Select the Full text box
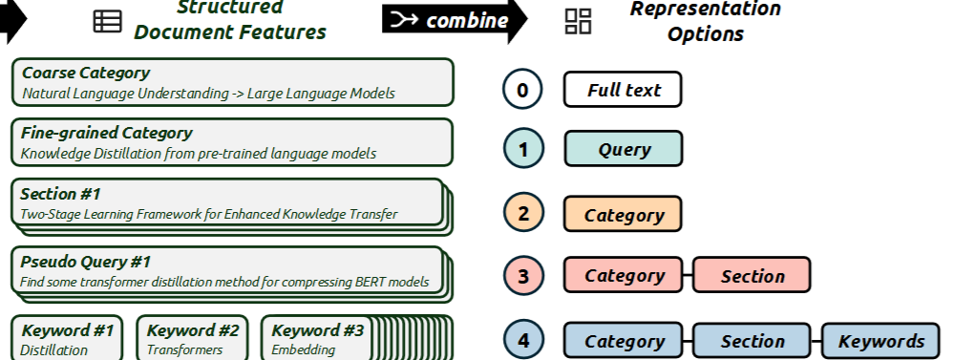pos(623,90)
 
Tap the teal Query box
pos(624,149)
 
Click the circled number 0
pos(522,90)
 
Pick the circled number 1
pos(523,149)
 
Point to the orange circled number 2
pos(523,214)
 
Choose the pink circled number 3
pos(523,275)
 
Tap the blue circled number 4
pos(523,339)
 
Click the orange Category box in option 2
pos(623,214)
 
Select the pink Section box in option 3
pos(752,275)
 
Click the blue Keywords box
pos(880,341)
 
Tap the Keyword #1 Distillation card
pos(67,338)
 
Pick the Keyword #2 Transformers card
pos(192,338)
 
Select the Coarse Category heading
pos(86,73)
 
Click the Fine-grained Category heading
pos(106,133)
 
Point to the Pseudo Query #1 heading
pos(85,262)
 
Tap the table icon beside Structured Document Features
pos(108,21)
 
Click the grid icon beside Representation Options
pos(578,21)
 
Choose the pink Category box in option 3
pos(623,275)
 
